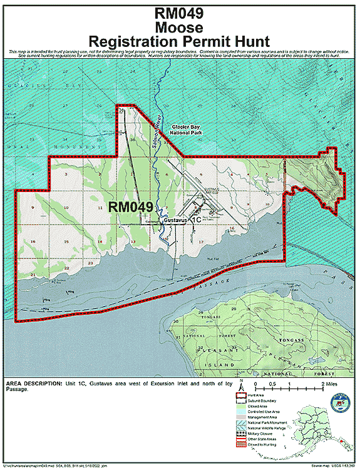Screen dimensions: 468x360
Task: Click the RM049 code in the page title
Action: tap(180, 13)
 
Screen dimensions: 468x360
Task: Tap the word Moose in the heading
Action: tap(180, 27)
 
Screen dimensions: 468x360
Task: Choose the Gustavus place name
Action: tap(175, 221)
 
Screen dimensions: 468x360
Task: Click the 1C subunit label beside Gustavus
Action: tap(195, 220)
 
